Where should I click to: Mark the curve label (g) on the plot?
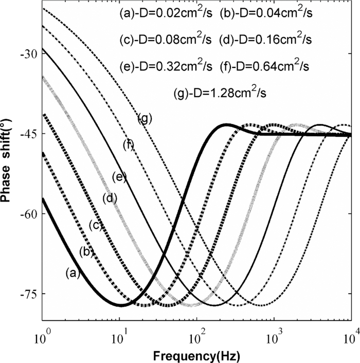click(145, 119)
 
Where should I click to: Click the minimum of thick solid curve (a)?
click(121, 305)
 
